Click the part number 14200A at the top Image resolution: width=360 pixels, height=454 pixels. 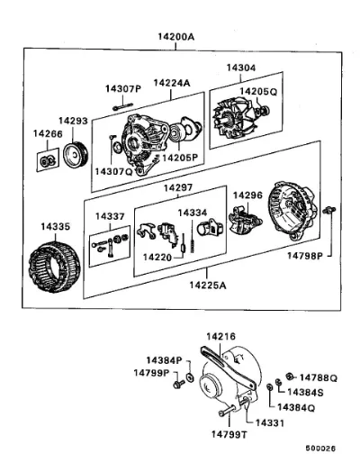[x=176, y=37]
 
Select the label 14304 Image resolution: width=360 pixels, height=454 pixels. [x=241, y=68]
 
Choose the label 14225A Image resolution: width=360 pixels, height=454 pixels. [x=208, y=285]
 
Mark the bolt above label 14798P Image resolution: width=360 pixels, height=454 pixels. [x=329, y=210]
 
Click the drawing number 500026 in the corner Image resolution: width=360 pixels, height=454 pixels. [x=320, y=448]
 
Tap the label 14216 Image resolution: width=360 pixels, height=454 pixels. [x=220, y=337]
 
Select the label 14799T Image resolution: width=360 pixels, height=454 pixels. [x=229, y=434]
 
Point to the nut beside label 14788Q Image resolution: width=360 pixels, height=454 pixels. [x=290, y=376]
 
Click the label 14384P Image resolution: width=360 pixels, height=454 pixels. [x=164, y=360]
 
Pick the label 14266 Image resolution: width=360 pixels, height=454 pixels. [x=48, y=134]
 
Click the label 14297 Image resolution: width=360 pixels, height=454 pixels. [x=178, y=188]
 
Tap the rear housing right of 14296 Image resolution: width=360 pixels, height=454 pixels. [x=292, y=211]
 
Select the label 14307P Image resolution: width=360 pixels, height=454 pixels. [x=123, y=88]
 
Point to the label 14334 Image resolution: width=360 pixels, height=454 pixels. [x=193, y=213]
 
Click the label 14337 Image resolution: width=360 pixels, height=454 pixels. [x=110, y=216]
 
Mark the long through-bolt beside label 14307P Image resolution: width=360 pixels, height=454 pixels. [x=123, y=106]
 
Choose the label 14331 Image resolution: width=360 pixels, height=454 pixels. [x=269, y=422]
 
